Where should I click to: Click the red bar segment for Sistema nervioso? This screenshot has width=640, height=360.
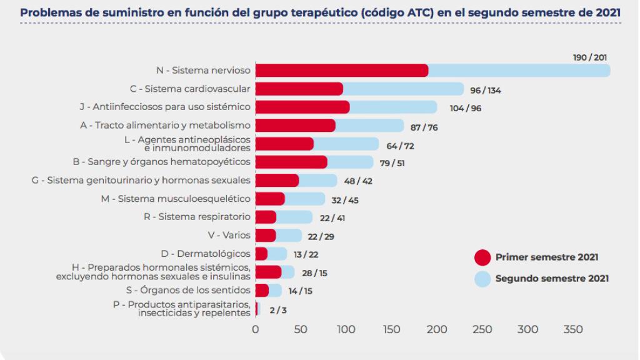(341, 70)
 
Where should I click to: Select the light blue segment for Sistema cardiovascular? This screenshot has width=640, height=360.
(403, 89)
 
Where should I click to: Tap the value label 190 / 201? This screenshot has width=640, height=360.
(590, 57)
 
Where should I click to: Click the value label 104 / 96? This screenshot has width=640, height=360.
(466, 108)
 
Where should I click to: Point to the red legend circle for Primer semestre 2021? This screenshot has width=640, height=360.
(482, 257)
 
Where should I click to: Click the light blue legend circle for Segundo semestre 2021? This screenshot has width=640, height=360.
(482, 278)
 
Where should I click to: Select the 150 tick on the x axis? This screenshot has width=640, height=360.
(391, 329)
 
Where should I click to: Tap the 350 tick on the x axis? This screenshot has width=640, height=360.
(573, 329)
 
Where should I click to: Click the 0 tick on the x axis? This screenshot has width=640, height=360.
(255, 329)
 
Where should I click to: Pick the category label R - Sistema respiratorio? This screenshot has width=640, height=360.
(197, 217)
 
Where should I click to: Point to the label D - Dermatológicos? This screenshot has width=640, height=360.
(206, 253)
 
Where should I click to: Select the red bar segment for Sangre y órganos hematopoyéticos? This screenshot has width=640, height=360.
(291, 162)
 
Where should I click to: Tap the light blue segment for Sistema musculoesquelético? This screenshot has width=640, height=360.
(305, 199)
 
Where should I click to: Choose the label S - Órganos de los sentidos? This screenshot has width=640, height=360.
(197, 290)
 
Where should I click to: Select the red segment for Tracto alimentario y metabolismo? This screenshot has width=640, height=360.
(295, 126)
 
